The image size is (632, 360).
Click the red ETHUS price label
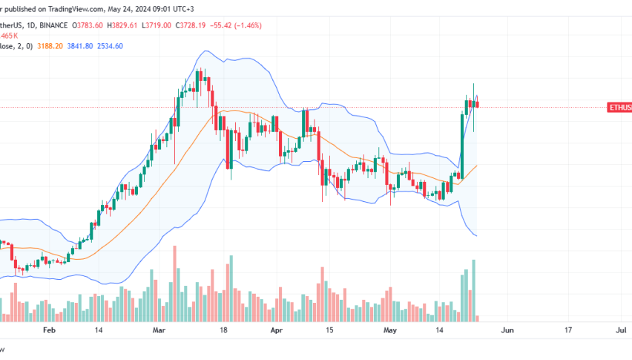619,108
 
